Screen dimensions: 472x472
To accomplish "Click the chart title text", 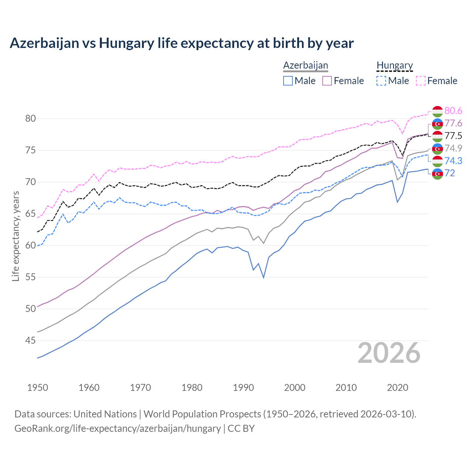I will click(x=181, y=43).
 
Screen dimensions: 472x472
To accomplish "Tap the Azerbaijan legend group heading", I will click(x=305, y=65).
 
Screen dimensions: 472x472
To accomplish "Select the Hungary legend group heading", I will click(x=395, y=65).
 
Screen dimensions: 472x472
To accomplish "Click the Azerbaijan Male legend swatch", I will click(x=288, y=81).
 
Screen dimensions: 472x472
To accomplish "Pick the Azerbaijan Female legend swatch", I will click(x=327, y=81).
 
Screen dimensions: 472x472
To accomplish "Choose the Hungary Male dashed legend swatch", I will click(x=381, y=81).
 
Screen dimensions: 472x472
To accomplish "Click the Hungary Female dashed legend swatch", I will click(x=421, y=81).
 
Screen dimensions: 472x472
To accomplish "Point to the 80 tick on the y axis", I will click(x=30, y=118).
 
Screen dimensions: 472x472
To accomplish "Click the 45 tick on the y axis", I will click(x=30, y=340).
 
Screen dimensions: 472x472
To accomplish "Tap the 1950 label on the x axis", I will click(x=38, y=388).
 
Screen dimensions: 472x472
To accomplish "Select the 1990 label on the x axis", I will click(x=243, y=388).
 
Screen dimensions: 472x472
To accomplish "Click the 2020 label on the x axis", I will click(x=398, y=388).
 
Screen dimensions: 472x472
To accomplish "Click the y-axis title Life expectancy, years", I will click(x=15, y=236).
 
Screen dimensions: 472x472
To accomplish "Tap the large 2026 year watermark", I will click(x=389, y=353).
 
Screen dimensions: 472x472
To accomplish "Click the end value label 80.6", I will click(x=453, y=111).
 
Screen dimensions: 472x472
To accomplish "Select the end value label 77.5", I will click(x=453, y=136).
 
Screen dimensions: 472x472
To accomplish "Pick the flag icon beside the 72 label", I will click(x=437, y=173).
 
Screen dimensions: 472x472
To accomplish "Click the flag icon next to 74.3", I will click(x=437, y=161).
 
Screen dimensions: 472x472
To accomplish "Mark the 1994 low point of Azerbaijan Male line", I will click(x=264, y=277).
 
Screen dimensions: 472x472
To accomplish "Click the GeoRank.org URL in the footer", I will click(x=117, y=428).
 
